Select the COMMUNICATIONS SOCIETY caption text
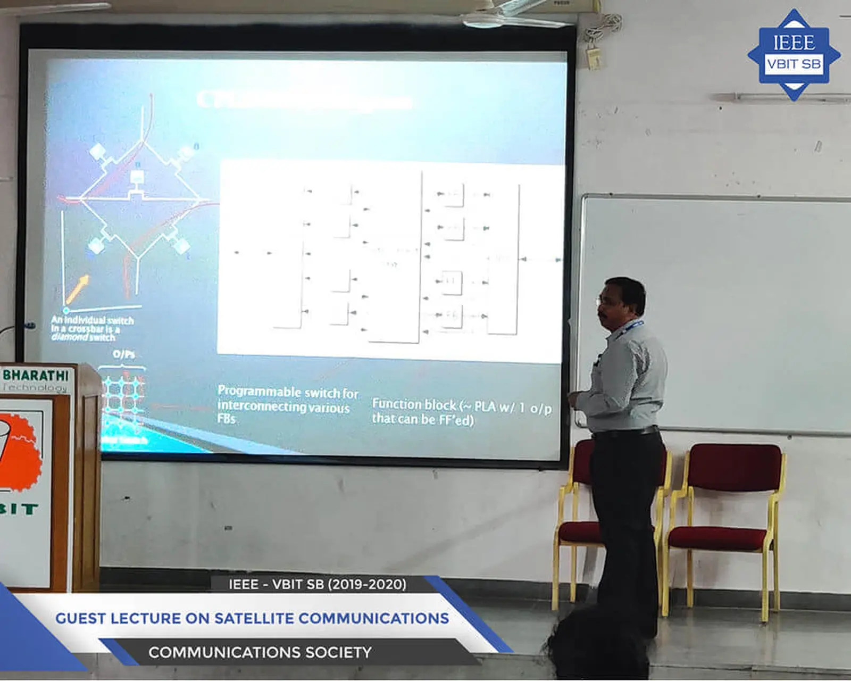coord(260,652)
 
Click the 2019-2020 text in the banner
coord(366,584)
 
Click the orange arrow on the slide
coord(77,289)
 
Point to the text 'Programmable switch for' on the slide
coord(288,393)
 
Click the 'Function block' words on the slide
coord(413,405)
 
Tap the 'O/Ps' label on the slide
coord(123,355)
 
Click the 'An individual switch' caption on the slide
coord(92,321)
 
